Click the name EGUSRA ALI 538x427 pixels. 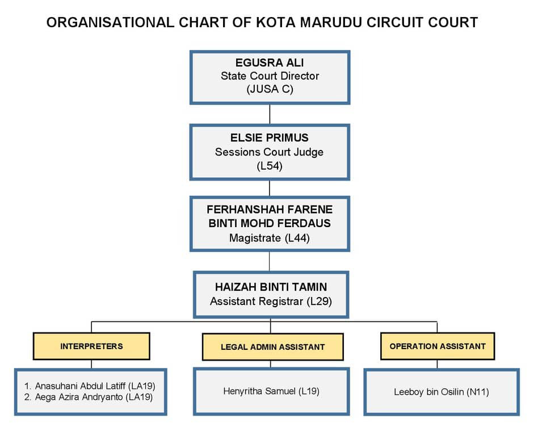[270, 62]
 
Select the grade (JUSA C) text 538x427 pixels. [270, 89]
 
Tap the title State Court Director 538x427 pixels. [270, 76]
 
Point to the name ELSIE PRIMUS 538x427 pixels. [270, 137]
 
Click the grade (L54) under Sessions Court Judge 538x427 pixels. [270, 166]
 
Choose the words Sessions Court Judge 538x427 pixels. [270, 152]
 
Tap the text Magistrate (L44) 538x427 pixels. [270, 238]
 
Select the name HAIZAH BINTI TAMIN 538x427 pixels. [271, 287]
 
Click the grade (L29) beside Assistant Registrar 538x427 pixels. [319, 302]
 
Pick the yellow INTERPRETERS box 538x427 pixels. [91, 346]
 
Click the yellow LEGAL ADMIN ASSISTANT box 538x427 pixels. [273, 347]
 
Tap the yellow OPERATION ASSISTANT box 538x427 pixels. [438, 346]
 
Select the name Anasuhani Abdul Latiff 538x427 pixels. [80, 386]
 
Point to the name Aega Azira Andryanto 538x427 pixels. [79, 397]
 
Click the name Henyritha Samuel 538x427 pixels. [259, 391]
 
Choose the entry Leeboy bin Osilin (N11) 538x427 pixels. [442, 392]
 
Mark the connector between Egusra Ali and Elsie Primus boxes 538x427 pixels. [270, 114]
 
